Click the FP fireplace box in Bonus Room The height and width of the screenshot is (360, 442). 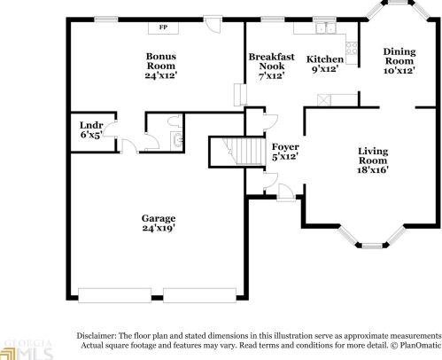tap(163, 27)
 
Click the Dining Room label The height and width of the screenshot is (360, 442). tap(399, 60)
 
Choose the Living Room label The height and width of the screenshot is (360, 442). tap(374, 160)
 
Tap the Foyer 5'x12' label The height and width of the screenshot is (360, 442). tap(284, 151)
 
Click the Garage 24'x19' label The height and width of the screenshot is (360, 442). tap(159, 223)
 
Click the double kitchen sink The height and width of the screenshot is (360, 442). tap(325, 28)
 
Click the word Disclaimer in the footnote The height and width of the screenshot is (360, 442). tap(99, 336)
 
